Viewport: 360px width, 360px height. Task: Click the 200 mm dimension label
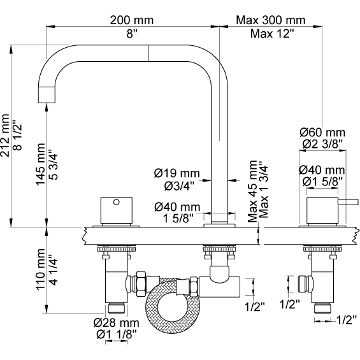[133, 19]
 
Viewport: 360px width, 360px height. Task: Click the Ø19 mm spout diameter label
[176, 173]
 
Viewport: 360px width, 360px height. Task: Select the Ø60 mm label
[322, 132]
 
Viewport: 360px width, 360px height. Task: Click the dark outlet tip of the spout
[45, 94]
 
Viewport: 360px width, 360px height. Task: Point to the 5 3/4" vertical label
[53, 167]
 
